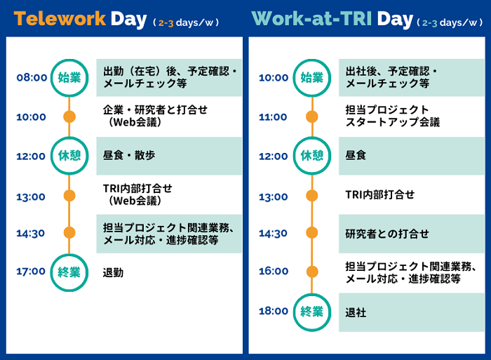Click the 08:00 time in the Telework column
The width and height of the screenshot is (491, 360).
[x=32, y=77]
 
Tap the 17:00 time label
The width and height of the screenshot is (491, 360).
[x=31, y=271]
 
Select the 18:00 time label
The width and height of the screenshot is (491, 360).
[x=274, y=311]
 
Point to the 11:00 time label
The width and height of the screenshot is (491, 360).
[x=273, y=117]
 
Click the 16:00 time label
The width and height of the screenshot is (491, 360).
[x=274, y=271]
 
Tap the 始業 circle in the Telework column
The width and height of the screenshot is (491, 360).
[x=69, y=60]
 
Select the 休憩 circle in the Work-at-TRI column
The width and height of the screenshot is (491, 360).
[x=312, y=138]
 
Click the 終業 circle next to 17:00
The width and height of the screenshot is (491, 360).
[x=69, y=255]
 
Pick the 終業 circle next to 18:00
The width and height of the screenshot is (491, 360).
[x=312, y=294]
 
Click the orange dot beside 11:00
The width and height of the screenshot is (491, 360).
[x=312, y=117]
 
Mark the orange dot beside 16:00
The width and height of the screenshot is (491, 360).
[x=312, y=272]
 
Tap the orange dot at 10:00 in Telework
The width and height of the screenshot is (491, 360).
[x=69, y=117]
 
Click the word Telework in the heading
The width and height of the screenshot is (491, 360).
[x=60, y=18]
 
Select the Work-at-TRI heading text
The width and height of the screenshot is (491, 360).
[x=311, y=18]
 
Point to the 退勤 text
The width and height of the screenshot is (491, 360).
[x=113, y=273]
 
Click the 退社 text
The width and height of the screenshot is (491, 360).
[x=356, y=312]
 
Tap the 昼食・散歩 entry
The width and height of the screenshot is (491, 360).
[x=129, y=155]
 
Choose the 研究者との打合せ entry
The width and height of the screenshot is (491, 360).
[x=387, y=234]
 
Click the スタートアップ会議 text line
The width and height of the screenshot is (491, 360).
[x=393, y=122]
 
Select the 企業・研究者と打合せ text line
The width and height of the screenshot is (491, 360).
[x=155, y=110]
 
